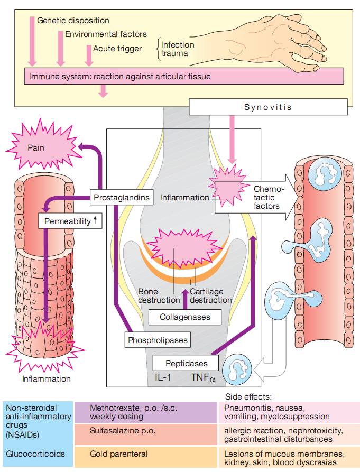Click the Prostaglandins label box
121,198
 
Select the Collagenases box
185,317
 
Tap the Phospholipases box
158,340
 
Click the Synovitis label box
267,107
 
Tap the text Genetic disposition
73,21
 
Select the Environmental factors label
106,34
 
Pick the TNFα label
204,378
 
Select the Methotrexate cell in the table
145,412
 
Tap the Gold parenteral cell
145,454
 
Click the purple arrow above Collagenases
185,299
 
